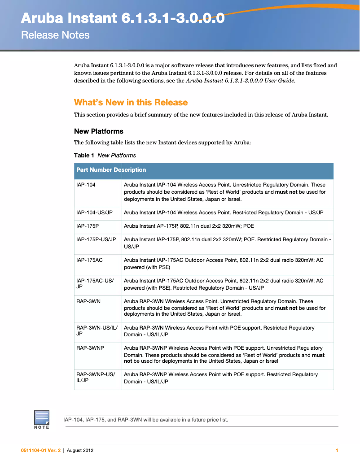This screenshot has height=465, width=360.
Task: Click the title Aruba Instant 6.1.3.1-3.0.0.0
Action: point(123,18)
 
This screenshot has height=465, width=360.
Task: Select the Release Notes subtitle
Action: point(55,35)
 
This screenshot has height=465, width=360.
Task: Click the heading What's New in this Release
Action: point(131,102)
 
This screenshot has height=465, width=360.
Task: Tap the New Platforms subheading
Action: point(98,131)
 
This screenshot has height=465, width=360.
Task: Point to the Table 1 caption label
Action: point(84,156)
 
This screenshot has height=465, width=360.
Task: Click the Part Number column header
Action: point(94,170)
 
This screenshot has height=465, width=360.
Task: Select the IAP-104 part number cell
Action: point(86,185)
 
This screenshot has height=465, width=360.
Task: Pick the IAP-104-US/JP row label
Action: point(94,213)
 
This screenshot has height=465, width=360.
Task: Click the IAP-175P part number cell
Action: point(88,226)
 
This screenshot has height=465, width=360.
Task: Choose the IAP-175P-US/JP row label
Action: point(96,239)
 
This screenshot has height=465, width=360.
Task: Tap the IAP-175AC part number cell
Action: point(89,260)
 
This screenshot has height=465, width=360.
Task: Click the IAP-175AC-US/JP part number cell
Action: point(95,284)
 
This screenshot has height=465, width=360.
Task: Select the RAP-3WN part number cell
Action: point(88,301)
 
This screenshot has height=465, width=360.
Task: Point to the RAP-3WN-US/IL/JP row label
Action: point(97,331)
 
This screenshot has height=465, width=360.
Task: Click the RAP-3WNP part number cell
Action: point(90,348)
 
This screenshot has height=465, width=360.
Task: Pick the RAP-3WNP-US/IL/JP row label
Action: point(96,378)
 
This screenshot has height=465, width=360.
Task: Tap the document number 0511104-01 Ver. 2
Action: point(40,451)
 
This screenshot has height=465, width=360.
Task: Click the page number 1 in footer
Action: point(337,451)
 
